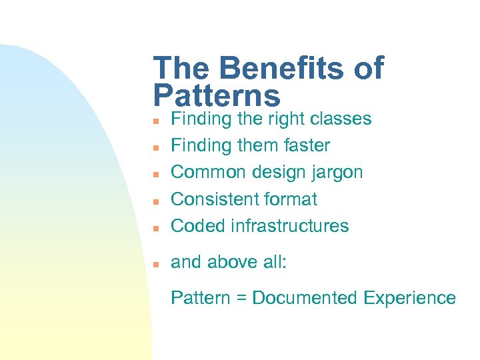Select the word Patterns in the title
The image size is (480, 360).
[217, 96]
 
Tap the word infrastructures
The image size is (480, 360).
[289, 225]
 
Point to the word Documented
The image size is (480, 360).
[305, 298]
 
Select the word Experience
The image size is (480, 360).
[410, 298]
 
